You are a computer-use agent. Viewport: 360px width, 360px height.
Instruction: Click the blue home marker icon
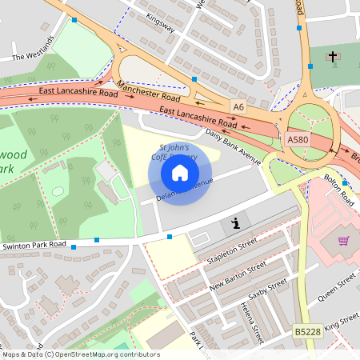[x=180, y=172]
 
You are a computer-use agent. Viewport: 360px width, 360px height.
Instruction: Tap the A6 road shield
[x=238, y=106]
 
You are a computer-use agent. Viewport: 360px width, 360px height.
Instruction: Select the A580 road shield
[x=297, y=139]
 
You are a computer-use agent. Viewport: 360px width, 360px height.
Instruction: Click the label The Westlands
[x=32, y=50]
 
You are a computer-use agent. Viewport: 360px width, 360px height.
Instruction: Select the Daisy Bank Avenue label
[x=233, y=146]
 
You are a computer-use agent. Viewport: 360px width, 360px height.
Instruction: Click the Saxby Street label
[x=266, y=293]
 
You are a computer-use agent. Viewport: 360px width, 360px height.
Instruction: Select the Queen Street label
[x=335, y=287]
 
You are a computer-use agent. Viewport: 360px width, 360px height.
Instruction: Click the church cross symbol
[x=332, y=57]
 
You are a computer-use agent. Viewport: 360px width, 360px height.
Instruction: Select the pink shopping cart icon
[x=344, y=240]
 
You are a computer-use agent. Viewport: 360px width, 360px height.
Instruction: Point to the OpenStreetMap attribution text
[x=81, y=354]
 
